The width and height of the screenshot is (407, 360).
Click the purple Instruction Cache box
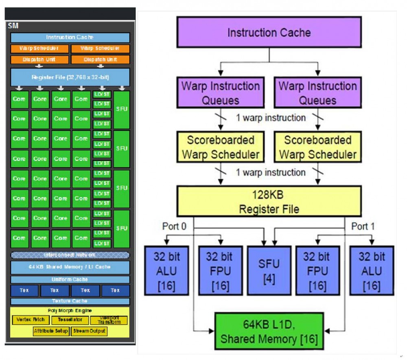pyautogui.click(x=269, y=32)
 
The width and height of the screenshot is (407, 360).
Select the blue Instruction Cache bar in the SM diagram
pyautogui.click(x=70, y=37)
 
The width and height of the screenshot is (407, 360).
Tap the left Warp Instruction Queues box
pyautogui.click(x=220, y=93)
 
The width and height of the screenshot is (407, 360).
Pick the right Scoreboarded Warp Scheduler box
pyautogui.click(x=317, y=147)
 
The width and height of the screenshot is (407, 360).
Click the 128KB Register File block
pyautogui.click(x=269, y=201)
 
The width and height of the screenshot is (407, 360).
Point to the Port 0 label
pyautogui.click(x=174, y=226)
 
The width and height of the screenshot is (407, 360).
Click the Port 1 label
pyautogui.click(x=362, y=226)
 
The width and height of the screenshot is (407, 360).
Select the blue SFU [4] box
pyautogui.click(x=269, y=270)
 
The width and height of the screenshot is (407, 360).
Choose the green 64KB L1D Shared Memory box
pyautogui.click(x=269, y=331)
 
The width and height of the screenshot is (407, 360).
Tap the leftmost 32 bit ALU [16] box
pyautogui.click(x=166, y=270)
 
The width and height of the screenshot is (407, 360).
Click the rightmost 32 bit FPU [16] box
pyautogui.click(x=317, y=270)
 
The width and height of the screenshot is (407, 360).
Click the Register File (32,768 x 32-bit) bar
pyautogui.click(x=70, y=77)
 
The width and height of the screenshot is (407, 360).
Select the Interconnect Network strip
pyautogui.click(x=70, y=255)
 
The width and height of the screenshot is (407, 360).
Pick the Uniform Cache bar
pyautogui.click(x=70, y=280)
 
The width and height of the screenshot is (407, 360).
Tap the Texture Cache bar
pyautogui.click(x=70, y=301)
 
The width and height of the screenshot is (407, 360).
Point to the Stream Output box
pyautogui.click(x=90, y=331)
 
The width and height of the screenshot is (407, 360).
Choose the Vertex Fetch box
pyautogui.click(x=30, y=320)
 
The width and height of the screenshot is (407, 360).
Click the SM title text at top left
pyautogui.click(x=13, y=26)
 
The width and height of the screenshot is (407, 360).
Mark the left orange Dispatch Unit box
pyautogui.click(x=39, y=59)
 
